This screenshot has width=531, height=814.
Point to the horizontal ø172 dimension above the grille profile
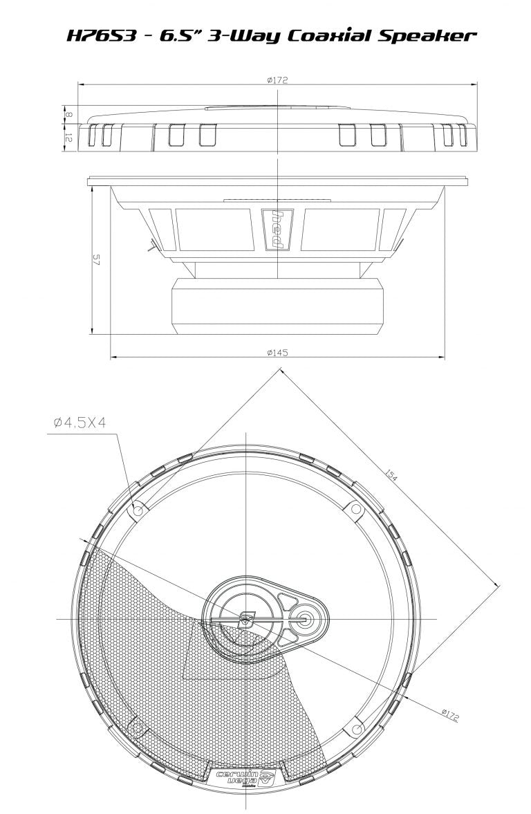tap(277, 80)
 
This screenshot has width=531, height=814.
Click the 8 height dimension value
tap(68, 112)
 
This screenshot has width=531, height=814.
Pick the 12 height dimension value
tap(68, 138)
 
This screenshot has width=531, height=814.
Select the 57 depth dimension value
tap(97, 260)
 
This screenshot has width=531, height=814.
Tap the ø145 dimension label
tap(277, 353)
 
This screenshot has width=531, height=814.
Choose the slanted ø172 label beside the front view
tap(449, 714)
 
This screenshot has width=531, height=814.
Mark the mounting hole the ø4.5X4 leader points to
tap(137, 510)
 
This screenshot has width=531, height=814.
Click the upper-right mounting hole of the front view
tap(355, 510)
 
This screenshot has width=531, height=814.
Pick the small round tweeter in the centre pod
tap(304, 618)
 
